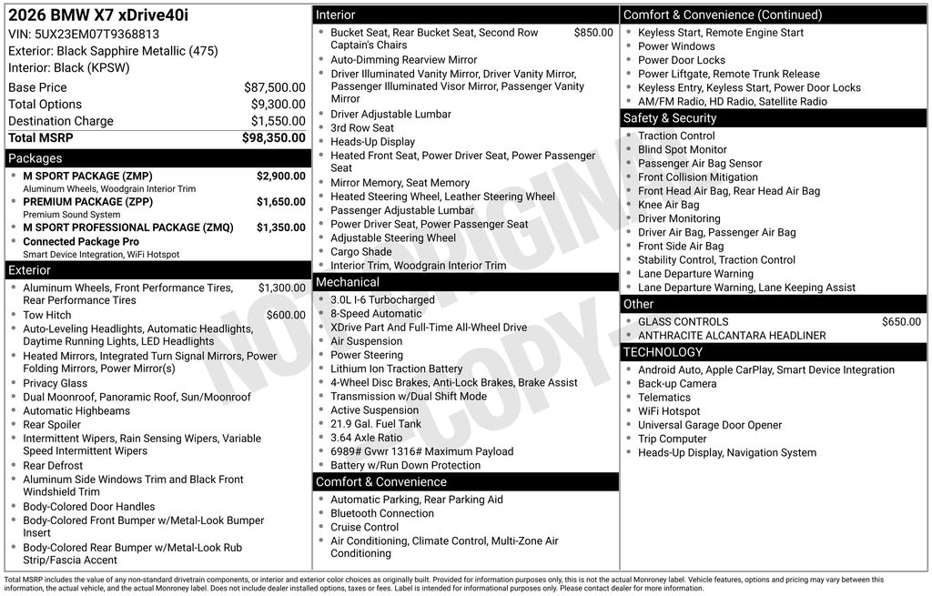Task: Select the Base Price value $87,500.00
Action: [274, 88]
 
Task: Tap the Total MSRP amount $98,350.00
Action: [273, 138]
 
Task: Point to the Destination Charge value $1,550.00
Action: [278, 121]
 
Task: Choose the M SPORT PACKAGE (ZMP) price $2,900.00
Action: [280, 177]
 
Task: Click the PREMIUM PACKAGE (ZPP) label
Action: [87, 202]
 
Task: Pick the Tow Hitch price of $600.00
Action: [286, 316]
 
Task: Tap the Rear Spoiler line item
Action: [52, 425]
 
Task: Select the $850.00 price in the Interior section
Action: [593, 33]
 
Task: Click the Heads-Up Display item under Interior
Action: [372, 142]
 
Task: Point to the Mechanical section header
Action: [347, 282]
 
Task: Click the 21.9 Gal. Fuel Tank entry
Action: [376, 424]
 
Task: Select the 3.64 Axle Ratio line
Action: [366, 438]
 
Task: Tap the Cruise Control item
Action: [364, 528]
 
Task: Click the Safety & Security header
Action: [669, 118]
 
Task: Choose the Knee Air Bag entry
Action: [668, 205]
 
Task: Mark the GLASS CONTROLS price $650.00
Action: [901, 322]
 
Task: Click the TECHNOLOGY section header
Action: [663, 352]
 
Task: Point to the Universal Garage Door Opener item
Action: [710, 425]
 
